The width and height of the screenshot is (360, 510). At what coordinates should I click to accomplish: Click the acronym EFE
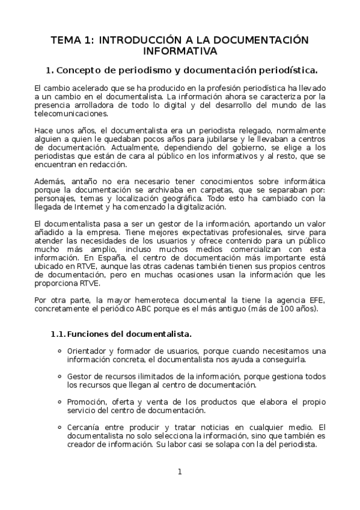coord(315,301)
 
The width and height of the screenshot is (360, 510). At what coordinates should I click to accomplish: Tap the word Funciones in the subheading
coord(91,334)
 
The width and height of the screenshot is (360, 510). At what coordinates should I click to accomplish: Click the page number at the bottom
coord(179,471)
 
